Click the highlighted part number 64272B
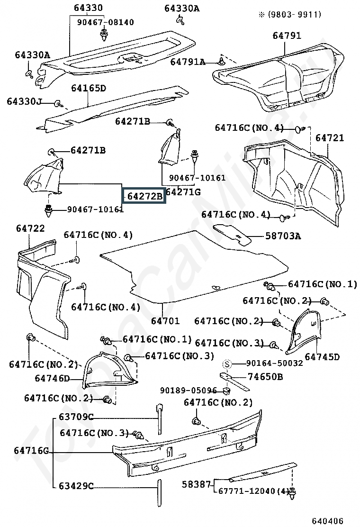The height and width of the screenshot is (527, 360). pyautogui.click(x=145, y=196)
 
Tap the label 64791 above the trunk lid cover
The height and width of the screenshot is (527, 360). pyautogui.click(x=287, y=35)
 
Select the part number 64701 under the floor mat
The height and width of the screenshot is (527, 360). pyautogui.click(x=165, y=321)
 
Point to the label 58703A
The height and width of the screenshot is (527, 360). pyautogui.click(x=283, y=236)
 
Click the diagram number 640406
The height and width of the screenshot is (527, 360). pyautogui.click(x=327, y=521)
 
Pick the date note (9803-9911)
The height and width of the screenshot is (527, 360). pyautogui.click(x=290, y=14)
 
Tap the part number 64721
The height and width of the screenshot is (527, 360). pyautogui.click(x=329, y=138)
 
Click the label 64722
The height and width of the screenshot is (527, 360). pyautogui.click(x=30, y=228)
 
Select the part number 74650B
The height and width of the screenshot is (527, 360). pyautogui.click(x=265, y=377)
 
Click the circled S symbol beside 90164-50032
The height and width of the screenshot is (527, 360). pyautogui.click(x=227, y=363)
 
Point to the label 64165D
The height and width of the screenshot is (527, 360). pyautogui.click(x=88, y=88)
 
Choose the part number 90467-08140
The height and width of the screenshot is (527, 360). pyautogui.click(x=106, y=22)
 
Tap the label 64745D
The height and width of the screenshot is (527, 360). pyautogui.click(x=322, y=356)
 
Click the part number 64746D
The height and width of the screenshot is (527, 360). pyautogui.click(x=53, y=378)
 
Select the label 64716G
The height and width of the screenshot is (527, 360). pyautogui.click(x=31, y=450)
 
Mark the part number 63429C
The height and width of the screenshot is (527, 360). pyautogui.click(x=76, y=486)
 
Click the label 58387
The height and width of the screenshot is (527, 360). pyautogui.click(x=196, y=484)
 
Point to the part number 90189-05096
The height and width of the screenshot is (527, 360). pyautogui.click(x=188, y=391)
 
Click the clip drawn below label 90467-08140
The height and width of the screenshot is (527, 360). pyautogui.click(x=104, y=35)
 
